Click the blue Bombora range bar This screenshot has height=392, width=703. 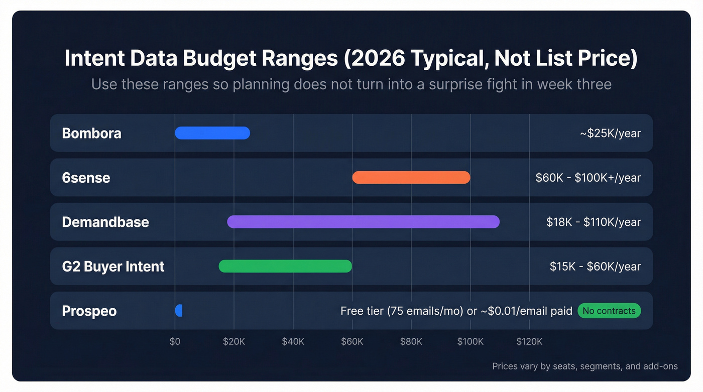pos(212,133)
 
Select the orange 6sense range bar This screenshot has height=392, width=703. pos(411,177)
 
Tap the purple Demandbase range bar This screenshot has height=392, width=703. pos(363,222)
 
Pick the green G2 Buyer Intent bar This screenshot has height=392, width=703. pos(285,266)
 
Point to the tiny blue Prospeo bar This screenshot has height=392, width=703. pos(178,311)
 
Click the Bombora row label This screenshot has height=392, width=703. pos(91,134)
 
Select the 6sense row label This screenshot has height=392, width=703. pos(86,178)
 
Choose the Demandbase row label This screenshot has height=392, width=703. pos(105,222)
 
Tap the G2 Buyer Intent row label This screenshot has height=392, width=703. pos(113,266)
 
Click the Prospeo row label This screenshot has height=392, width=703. pos(89,311)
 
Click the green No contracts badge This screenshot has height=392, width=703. pos(609,311)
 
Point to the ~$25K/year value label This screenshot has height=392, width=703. pos(610,134)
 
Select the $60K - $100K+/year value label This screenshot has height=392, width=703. pos(588,178)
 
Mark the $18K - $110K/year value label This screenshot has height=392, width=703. pos(593,222)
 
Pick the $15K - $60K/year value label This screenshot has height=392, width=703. pos(595,266)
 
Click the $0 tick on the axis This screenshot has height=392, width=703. pos(175,342)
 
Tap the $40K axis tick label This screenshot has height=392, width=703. pos(293,342)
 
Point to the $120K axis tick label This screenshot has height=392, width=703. pos(529,342)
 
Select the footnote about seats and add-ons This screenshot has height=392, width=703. pos(584,366)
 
